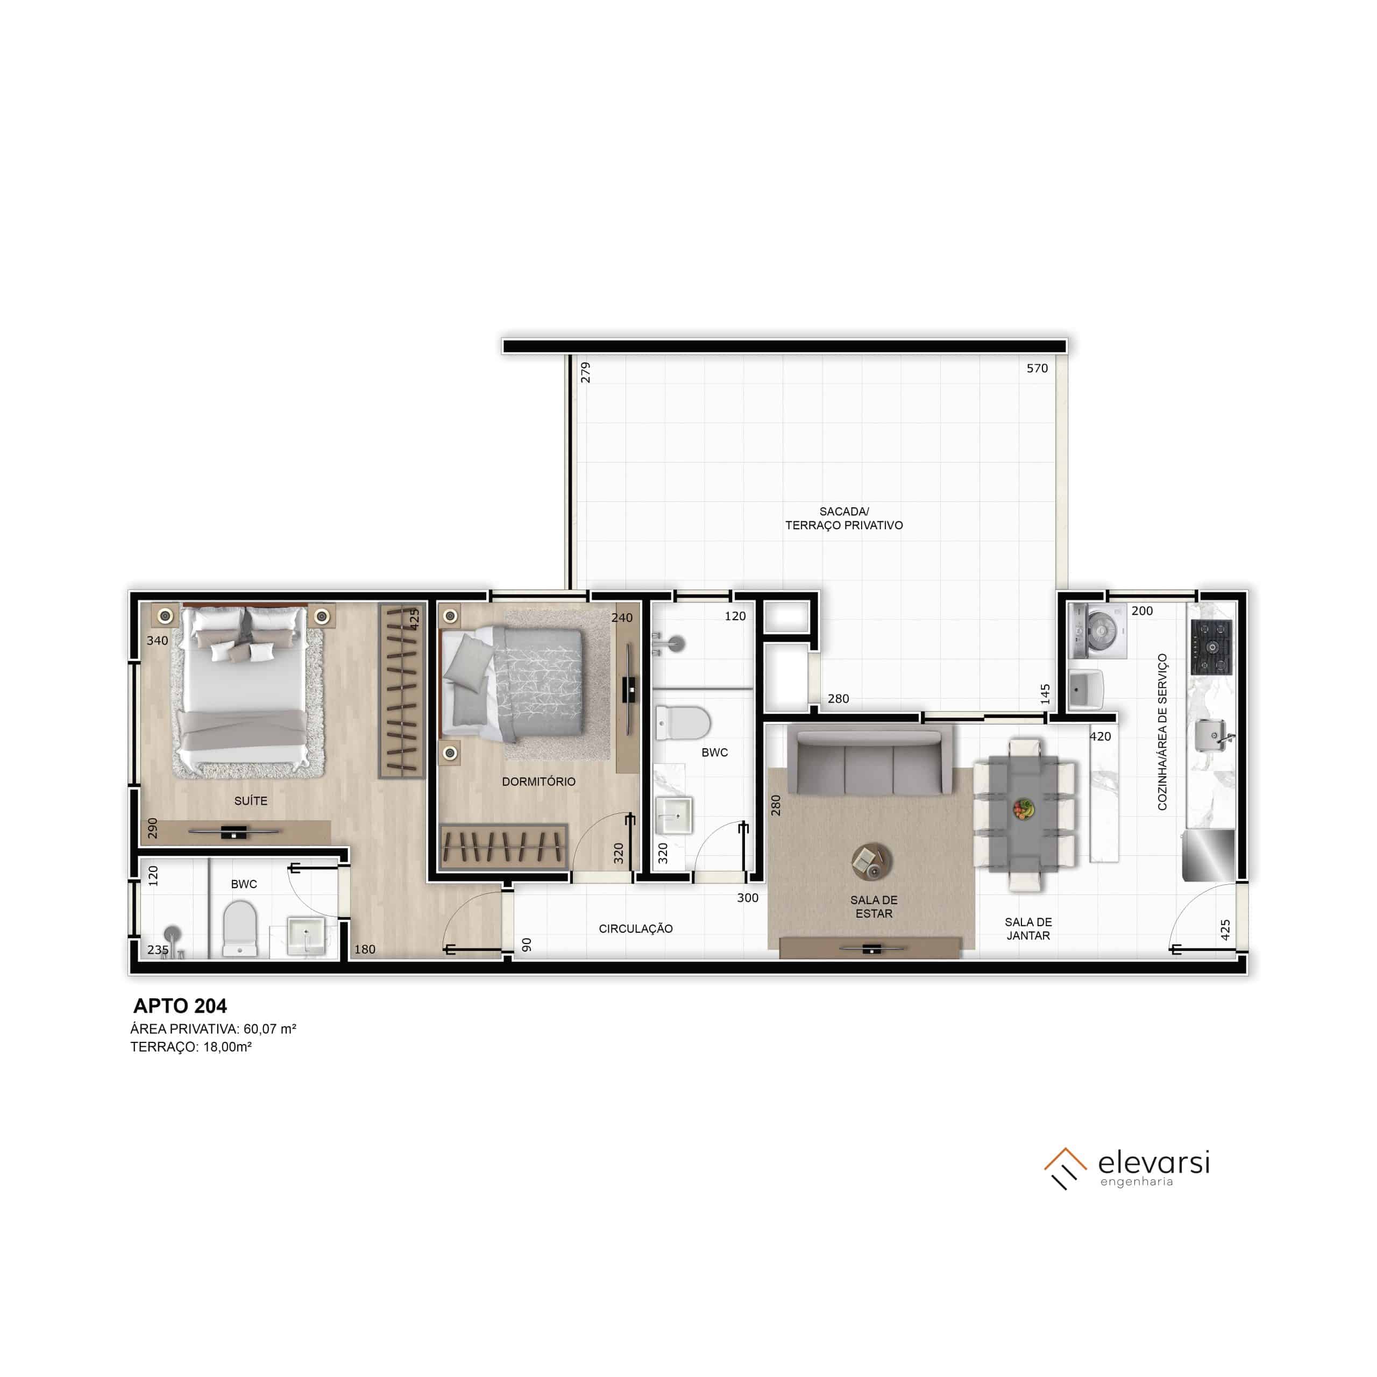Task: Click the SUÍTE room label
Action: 251,801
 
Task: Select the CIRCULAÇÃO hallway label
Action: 636,929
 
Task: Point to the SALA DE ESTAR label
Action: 874,906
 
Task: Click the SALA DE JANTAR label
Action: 1028,929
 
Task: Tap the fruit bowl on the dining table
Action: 1024,809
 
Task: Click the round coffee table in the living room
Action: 871,861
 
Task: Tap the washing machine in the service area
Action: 1098,631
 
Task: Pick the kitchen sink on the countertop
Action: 1212,735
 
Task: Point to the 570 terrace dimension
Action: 1037,368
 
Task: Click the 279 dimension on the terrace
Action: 585,373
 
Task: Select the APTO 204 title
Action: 180,1006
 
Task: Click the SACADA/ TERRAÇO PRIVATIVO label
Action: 844,518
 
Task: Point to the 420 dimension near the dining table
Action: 1101,737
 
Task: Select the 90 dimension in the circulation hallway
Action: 527,945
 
